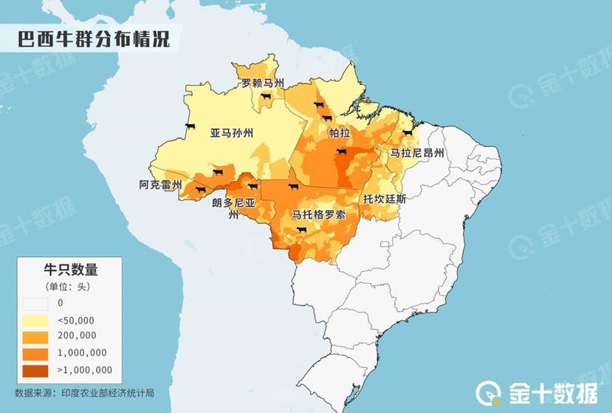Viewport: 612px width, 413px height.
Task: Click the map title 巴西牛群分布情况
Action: click(94, 39)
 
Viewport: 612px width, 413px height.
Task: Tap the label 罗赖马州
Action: click(263, 83)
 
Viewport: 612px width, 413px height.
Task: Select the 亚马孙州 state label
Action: click(231, 133)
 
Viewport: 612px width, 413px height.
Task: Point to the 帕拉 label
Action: click(339, 133)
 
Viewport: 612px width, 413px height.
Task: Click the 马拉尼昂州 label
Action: click(417, 153)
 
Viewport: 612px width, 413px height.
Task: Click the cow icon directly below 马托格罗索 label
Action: click(300, 230)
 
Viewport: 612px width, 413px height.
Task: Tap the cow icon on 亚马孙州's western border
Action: click(190, 128)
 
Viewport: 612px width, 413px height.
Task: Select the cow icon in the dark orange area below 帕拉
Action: click(341, 152)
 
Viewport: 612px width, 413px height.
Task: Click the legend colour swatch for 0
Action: click(35, 303)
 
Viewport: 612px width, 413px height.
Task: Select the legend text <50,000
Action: click(76, 319)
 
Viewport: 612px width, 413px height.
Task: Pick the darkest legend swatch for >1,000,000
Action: click(35, 369)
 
